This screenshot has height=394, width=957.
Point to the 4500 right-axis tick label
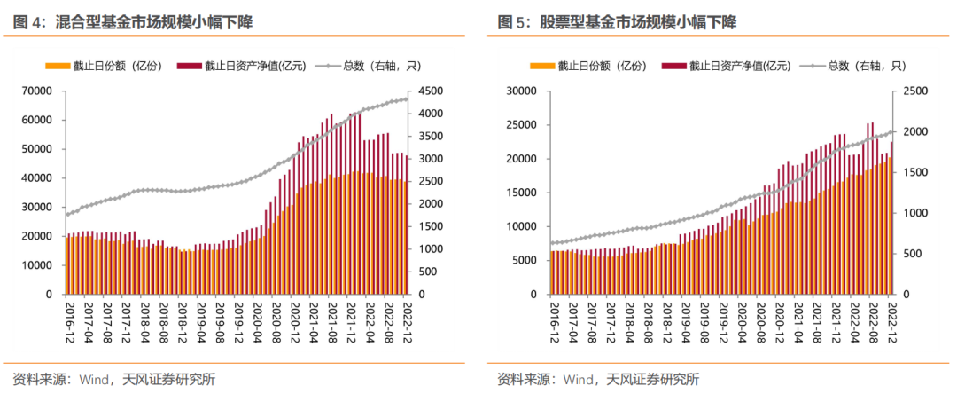(432, 91)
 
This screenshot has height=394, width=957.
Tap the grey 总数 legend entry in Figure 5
(854, 66)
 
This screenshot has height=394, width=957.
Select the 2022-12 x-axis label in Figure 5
(892, 321)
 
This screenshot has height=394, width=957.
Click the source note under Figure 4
(114, 380)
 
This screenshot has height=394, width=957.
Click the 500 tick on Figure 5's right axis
(914, 254)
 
